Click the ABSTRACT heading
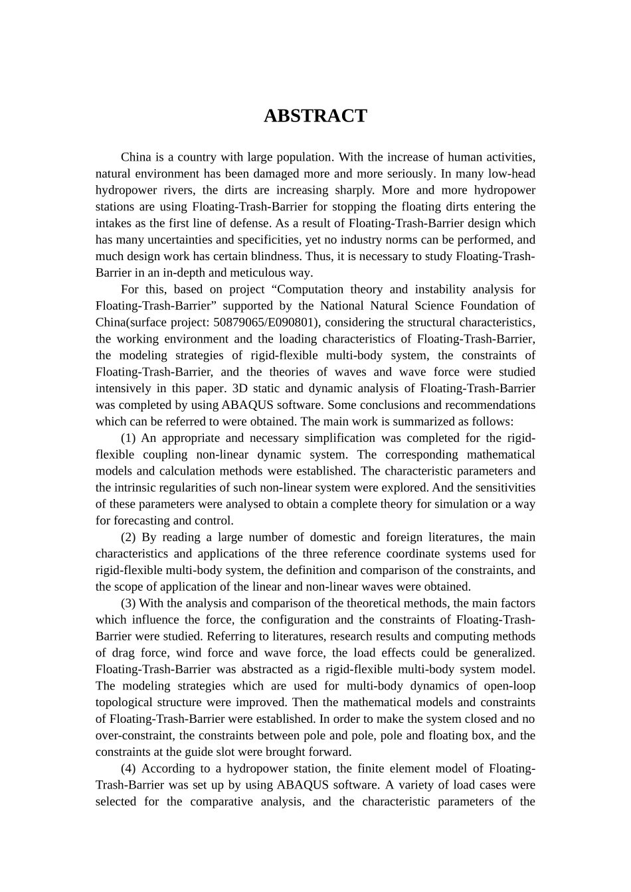point(315,116)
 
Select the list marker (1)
point(129,438)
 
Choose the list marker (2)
point(129,538)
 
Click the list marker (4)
point(129,769)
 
